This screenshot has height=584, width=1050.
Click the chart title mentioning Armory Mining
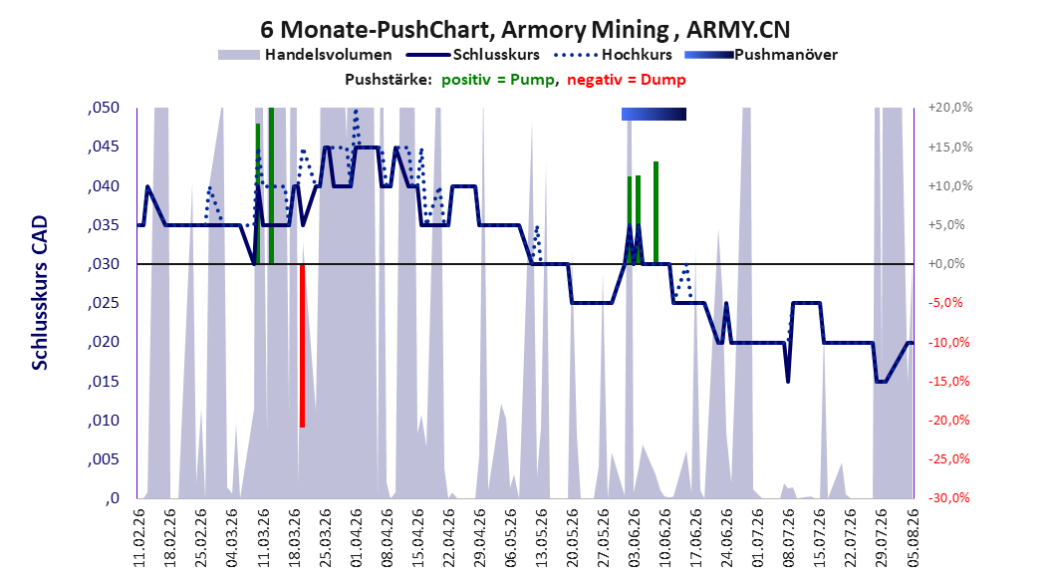click(525, 30)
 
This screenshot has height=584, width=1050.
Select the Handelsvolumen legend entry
click(306, 55)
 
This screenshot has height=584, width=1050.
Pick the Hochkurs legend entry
click(613, 55)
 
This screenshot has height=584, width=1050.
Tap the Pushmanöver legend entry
click(761, 55)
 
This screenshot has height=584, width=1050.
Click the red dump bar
click(303, 346)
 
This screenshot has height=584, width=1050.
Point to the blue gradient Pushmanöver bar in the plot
click(654, 115)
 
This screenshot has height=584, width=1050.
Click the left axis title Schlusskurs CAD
click(40, 293)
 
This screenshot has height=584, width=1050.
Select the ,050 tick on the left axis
click(104, 108)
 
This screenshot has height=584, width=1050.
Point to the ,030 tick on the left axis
click(104, 264)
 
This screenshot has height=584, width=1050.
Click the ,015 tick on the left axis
click(104, 381)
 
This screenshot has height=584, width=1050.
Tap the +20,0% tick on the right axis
click(950, 108)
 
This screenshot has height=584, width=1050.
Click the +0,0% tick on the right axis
click(946, 264)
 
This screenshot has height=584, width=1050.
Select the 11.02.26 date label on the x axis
click(139, 538)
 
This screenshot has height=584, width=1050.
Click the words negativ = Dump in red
click(627, 80)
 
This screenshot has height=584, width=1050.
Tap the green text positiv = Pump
click(498, 80)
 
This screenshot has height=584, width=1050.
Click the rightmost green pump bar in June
click(656, 213)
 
